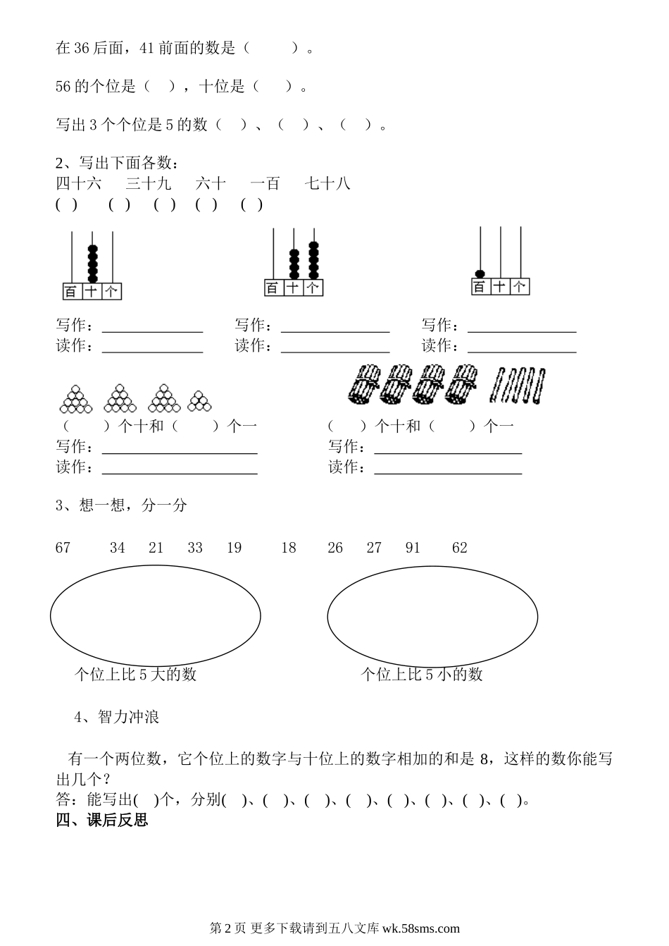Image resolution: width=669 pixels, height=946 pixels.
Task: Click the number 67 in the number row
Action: pos(63,548)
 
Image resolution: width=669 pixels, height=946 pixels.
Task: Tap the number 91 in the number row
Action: pos(413,548)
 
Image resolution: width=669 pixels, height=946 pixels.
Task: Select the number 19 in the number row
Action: pos(235,548)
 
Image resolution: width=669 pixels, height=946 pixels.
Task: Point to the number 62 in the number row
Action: pos(460,548)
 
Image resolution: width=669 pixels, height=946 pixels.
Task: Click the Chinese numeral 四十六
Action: pos(79,184)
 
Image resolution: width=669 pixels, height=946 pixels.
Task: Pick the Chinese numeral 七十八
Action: pos(327,184)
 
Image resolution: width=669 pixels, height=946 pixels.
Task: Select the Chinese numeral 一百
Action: pos(265,184)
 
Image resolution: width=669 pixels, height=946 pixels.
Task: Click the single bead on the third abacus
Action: pos(480,274)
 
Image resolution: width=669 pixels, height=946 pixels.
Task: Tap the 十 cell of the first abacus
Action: pos(92,291)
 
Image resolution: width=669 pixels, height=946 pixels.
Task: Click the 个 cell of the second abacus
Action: pos(313,288)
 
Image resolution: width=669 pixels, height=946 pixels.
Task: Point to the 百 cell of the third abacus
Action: pos(480,287)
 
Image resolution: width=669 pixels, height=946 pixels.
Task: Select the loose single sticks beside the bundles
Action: pos(519,385)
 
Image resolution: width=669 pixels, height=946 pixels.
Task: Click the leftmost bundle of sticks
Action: pos(364,385)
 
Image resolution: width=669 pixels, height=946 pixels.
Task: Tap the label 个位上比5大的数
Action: pos(135,675)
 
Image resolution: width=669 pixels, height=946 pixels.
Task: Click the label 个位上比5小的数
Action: pos(422,675)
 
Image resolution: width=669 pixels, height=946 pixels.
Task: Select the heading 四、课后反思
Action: pos(102,820)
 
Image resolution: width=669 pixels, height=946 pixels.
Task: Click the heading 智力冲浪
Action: pos(129,717)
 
